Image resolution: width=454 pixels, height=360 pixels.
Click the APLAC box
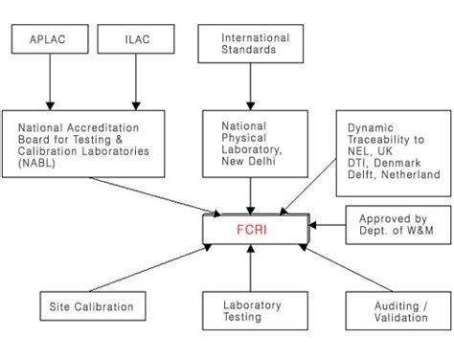coord(49,40)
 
